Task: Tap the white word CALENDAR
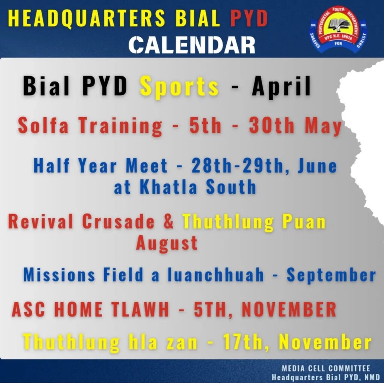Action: tap(192, 45)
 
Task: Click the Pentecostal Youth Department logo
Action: tap(337, 30)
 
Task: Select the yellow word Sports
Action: tap(179, 86)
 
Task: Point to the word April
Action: tap(282, 86)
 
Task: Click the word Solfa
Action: tap(44, 126)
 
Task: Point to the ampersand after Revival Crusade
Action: tap(169, 221)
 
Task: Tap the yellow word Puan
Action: tap(304, 221)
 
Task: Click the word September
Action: tap(331, 275)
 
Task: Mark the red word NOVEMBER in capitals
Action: tap(289, 309)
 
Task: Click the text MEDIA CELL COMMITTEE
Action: tap(326, 368)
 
